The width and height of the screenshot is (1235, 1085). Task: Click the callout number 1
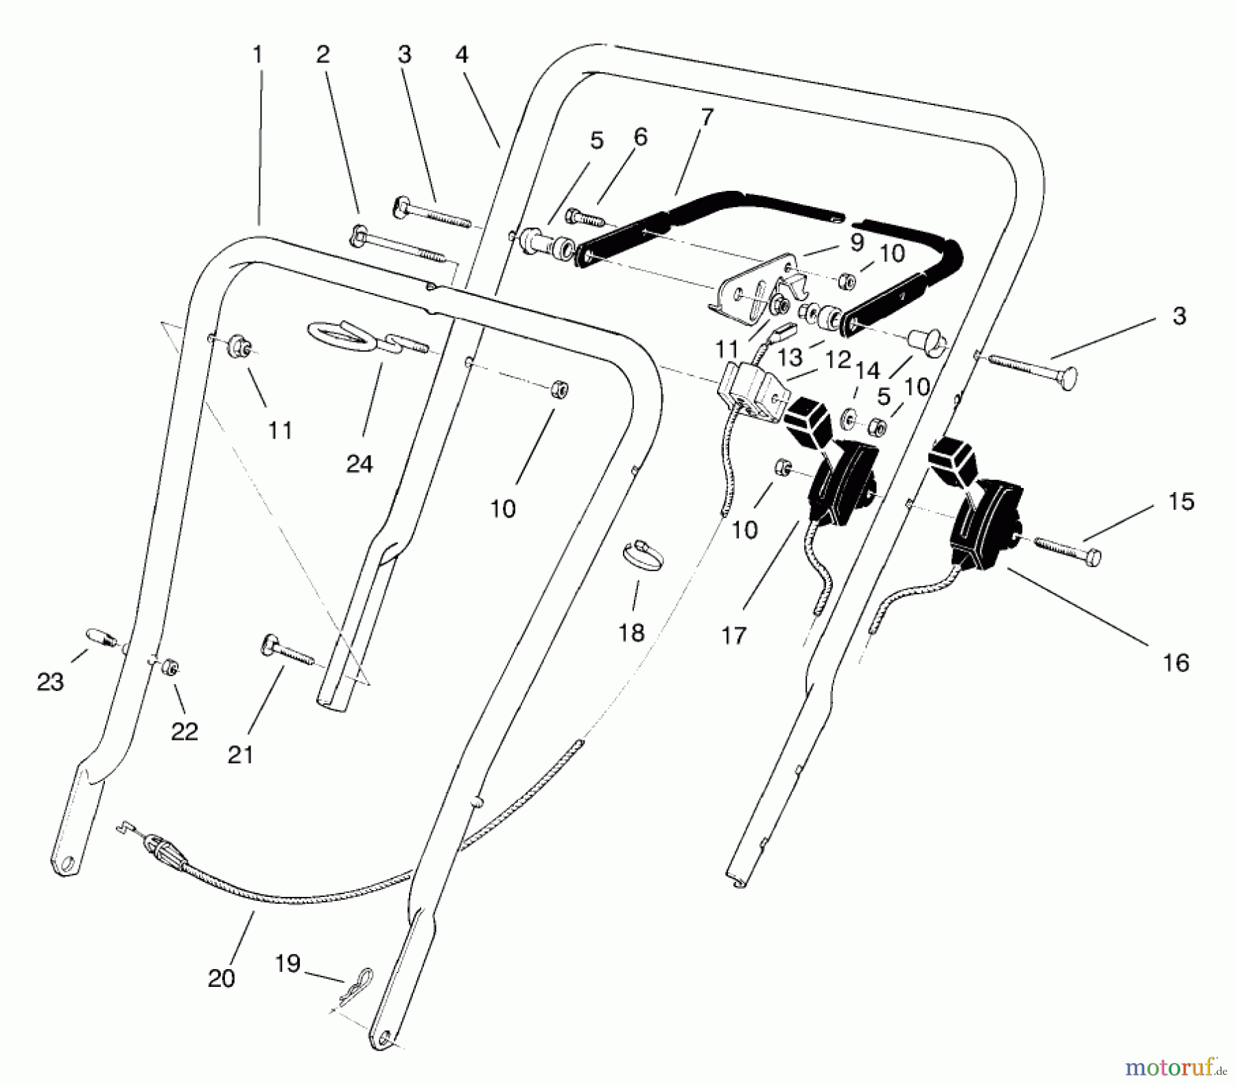coord(258,55)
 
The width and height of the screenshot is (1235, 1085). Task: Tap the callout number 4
coord(462,54)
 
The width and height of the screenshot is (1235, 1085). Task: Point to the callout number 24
coord(360,464)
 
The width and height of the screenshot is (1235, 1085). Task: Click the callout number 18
coord(631,632)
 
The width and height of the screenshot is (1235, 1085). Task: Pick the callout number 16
coord(1175,662)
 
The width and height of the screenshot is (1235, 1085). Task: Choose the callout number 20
coord(221,978)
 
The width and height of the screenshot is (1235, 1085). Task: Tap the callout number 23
coord(50,681)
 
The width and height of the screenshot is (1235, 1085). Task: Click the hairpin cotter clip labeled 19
coord(357,983)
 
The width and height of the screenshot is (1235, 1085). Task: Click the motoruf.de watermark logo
coord(1175,1067)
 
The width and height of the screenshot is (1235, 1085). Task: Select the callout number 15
coord(1181,502)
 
